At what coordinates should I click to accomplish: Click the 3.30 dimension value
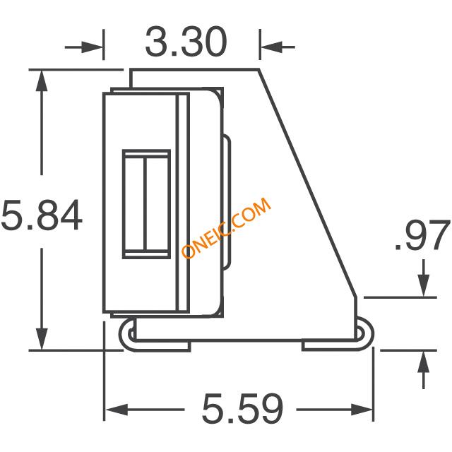(x=186, y=42)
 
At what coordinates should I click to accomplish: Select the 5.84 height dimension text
(x=42, y=215)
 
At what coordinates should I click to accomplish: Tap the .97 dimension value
(x=422, y=235)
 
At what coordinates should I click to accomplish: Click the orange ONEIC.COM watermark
(x=226, y=227)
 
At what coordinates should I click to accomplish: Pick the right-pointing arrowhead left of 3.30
(x=93, y=47)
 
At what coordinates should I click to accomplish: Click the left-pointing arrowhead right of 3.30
(x=271, y=47)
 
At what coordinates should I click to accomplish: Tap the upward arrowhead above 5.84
(x=42, y=81)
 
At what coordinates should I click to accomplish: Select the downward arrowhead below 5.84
(x=42, y=339)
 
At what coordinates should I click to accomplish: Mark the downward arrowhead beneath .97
(x=424, y=285)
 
